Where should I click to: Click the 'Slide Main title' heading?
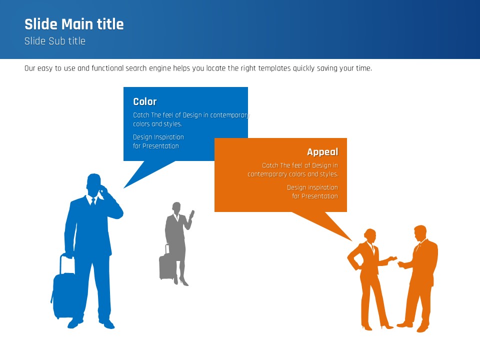74,24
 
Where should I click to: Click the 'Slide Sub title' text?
55,41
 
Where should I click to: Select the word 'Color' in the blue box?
145,101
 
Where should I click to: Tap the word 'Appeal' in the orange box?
322,152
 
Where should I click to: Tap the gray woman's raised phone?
192,213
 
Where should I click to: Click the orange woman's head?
370,235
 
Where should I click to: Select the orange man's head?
420,233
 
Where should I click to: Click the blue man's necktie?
93,202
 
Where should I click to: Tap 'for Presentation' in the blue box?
156,146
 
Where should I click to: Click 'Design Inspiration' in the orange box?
312,187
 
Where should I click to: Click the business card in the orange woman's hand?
393,258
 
